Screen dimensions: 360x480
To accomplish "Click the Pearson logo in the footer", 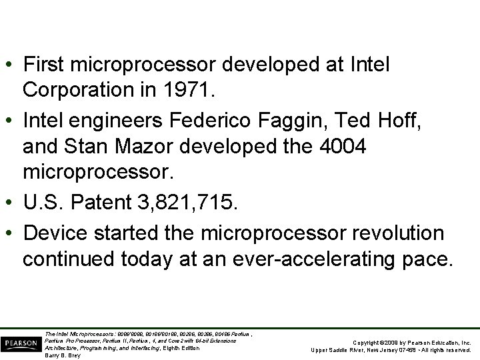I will pyautogui.click(x=21, y=343).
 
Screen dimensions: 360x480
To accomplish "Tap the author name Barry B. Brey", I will pyautogui.click(x=62, y=355).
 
